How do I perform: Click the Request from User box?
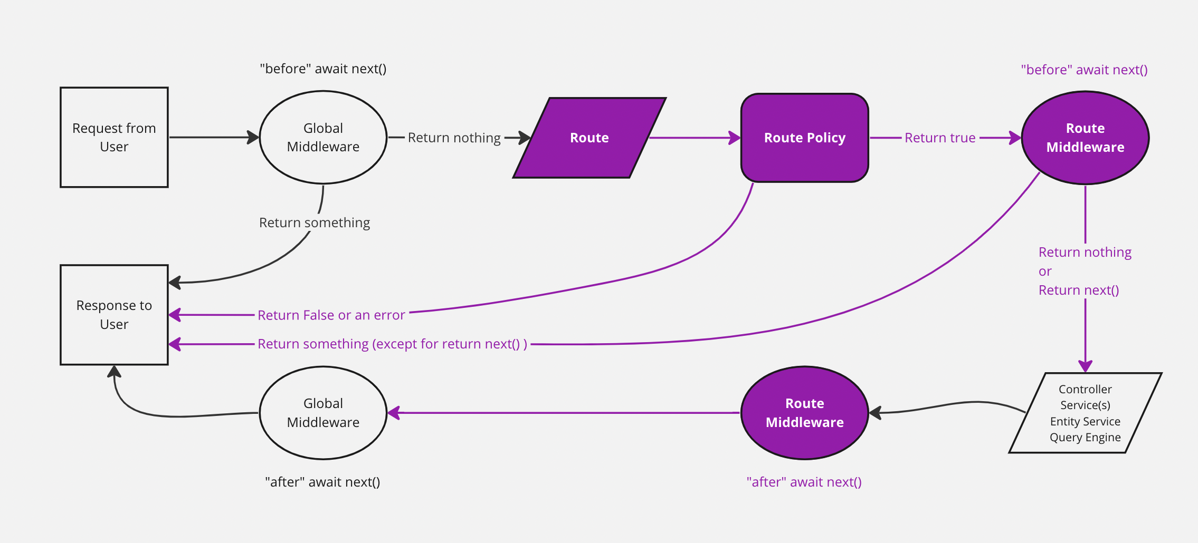point(114,137)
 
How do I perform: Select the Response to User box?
point(114,315)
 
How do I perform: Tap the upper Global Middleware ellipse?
point(323,137)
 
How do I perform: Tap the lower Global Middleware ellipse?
point(323,413)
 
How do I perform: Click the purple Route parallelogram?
point(590,138)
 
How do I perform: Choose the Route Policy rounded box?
point(804,138)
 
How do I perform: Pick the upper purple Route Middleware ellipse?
point(1085,138)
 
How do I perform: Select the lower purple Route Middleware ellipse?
point(804,413)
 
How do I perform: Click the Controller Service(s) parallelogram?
point(1085,413)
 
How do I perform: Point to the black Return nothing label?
point(454,138)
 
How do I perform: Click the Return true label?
point(940,138)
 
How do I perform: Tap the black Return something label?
point(315,222)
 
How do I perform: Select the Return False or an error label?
point(331,315)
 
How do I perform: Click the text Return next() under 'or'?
point(1079,290)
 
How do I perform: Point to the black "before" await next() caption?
point(323,69)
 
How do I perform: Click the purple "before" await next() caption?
point(1084,70)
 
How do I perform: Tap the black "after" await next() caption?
point(322,482)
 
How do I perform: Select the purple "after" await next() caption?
point(804,482)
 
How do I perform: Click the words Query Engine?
point(1085,438)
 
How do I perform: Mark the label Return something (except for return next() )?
point(392,344)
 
